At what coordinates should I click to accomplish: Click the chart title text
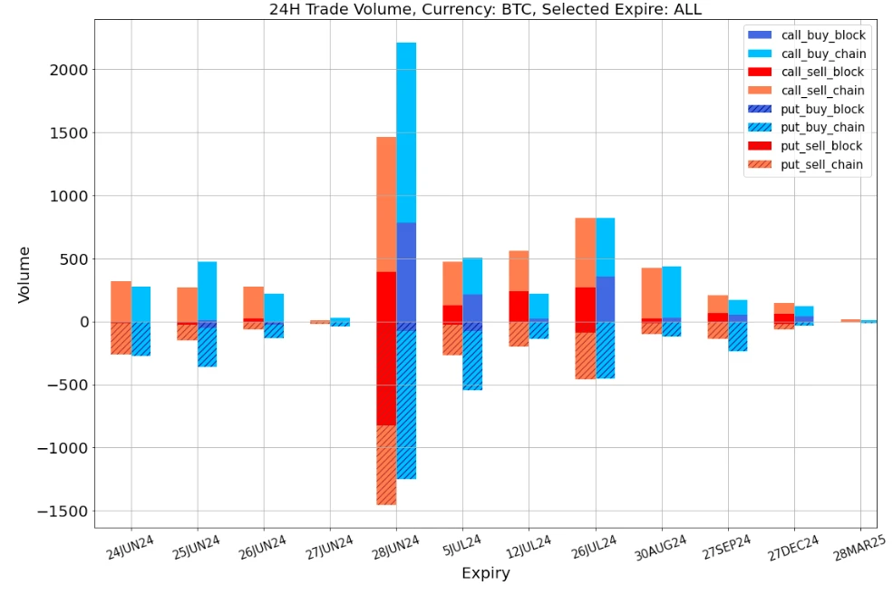tap(485, 10)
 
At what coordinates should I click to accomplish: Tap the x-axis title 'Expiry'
tap(485, 573)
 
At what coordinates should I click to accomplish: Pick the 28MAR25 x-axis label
tap(859, 549)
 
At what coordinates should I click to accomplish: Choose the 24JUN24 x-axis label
tap(131, 547)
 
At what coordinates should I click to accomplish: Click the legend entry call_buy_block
tap(822, 35)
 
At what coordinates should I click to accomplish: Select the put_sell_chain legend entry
tap(822, 165)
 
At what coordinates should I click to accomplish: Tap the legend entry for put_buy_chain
tap(822, 128)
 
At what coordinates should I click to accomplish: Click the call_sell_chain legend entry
tap(822, 91)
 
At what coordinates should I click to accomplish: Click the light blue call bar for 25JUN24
tap(208, 290)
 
